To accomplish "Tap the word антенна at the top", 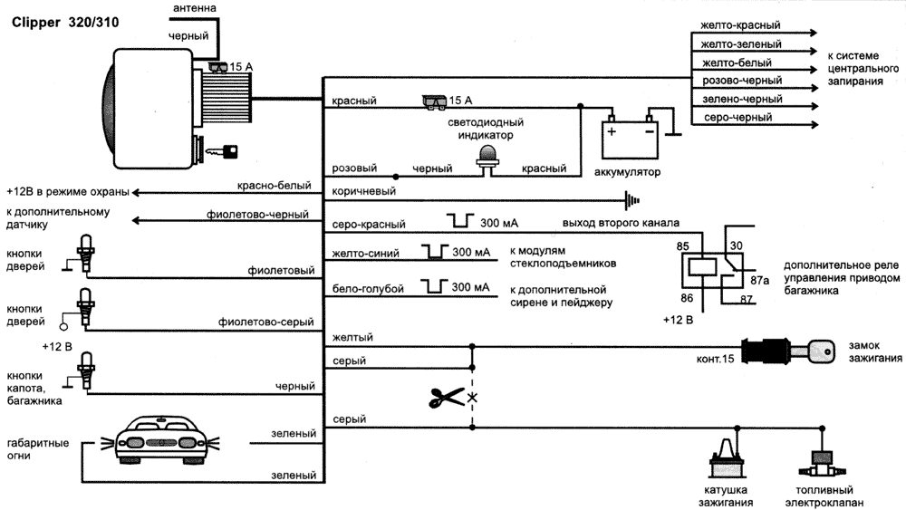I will pos(193,8).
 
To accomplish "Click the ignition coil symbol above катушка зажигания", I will pos(725,462).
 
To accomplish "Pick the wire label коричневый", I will pos(364,191).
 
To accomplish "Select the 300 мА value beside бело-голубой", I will pos(469,288).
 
